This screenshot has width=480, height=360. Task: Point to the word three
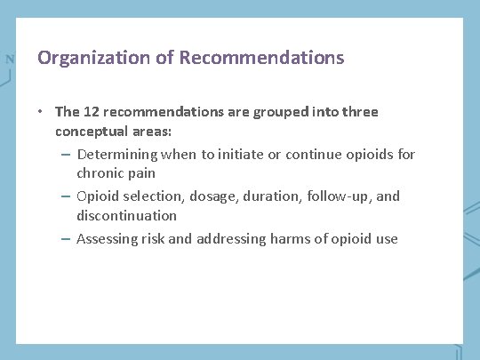(x=358, y=112)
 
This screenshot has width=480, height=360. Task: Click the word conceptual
(x=90, y=131)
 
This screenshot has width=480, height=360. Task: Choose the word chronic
(x=100, y=172)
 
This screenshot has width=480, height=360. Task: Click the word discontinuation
(x=126, y=215)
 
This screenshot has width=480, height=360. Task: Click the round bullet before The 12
(x=41, y=112)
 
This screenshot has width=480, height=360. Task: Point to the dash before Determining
(x=67, y=155)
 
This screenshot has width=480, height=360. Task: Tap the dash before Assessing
(x=67, y=239)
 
